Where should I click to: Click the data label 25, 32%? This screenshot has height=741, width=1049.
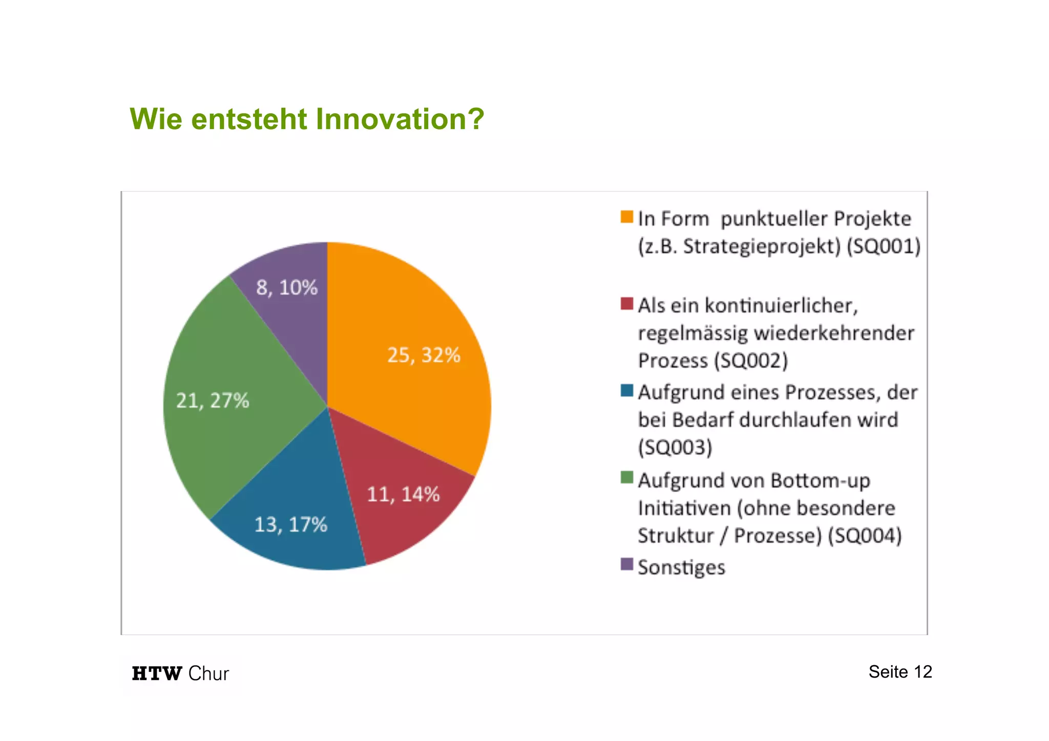[424, 355]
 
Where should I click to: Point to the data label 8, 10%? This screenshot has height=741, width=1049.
[287, 287]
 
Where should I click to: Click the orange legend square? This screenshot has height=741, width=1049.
[626, 217]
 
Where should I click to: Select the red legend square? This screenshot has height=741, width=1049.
[626, 304]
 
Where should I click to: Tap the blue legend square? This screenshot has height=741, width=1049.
[626, 391]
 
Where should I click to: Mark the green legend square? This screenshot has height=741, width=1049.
[626, 478]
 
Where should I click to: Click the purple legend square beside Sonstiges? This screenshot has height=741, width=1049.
[626, 564]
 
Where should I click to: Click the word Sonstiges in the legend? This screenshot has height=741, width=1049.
[681, 567]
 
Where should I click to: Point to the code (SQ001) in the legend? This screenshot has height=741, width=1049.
[883, 246]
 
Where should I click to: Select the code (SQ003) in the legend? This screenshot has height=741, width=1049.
[675, 448]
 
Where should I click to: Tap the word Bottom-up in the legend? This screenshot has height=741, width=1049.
[820, 481]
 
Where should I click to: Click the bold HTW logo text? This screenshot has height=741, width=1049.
[157, 673]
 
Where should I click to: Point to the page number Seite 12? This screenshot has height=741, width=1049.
[900, 672]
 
